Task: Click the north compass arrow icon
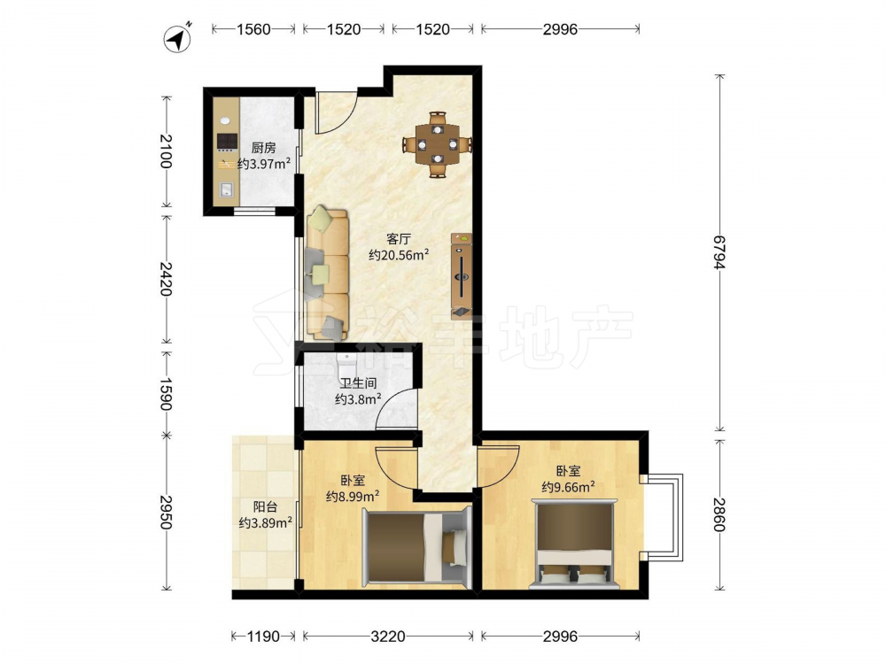[177, 38]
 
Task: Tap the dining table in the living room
[438, 144]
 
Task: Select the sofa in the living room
[327, 274]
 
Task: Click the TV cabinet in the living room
[461, 276]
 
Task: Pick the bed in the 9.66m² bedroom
[574, 544]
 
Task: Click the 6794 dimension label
[719, 252]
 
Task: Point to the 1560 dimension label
[253, 29]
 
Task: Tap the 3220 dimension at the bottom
[388, 637]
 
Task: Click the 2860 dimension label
[719, 514]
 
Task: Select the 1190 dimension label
[263, 637]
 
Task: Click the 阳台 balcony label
[265, 506]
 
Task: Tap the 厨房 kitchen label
[263, 148]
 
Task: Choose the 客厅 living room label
[399, 239]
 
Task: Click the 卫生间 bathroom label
[358, 383]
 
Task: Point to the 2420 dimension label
[166, 279]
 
